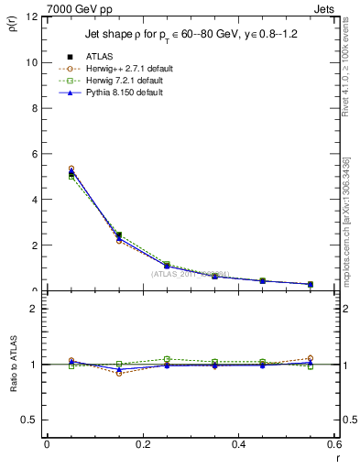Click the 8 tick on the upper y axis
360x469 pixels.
tap(33, 108)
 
